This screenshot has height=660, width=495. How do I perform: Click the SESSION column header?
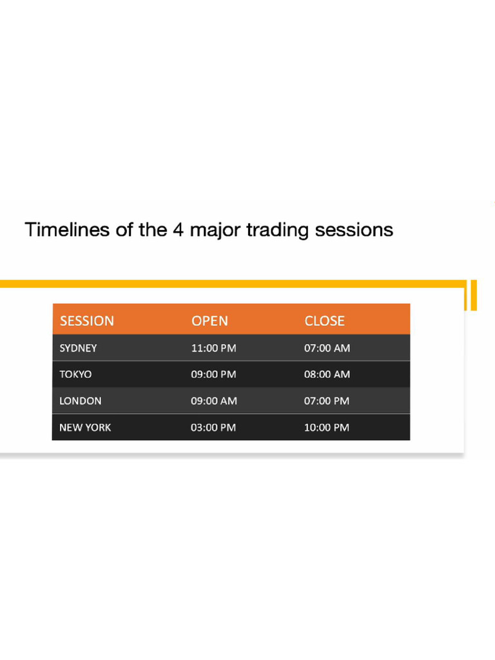87,320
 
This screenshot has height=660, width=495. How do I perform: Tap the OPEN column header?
209,320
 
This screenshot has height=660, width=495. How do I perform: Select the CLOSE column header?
324,320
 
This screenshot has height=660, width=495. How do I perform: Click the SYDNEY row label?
78,348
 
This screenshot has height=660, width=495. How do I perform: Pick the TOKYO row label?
75,374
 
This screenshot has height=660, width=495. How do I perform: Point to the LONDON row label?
81,401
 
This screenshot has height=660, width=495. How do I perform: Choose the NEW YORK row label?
85,427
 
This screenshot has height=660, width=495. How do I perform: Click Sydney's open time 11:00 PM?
213,348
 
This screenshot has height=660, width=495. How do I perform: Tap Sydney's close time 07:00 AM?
327,348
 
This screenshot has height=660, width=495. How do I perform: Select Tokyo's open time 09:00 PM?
213,374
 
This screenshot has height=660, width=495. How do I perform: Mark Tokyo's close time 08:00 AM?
327,374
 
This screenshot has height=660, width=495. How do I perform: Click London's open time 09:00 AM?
214,401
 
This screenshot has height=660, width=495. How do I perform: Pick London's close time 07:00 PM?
326,401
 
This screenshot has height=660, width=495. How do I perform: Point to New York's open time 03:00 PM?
213,427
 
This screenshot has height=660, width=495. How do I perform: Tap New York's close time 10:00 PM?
326,427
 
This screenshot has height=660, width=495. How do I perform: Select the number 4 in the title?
177,229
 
